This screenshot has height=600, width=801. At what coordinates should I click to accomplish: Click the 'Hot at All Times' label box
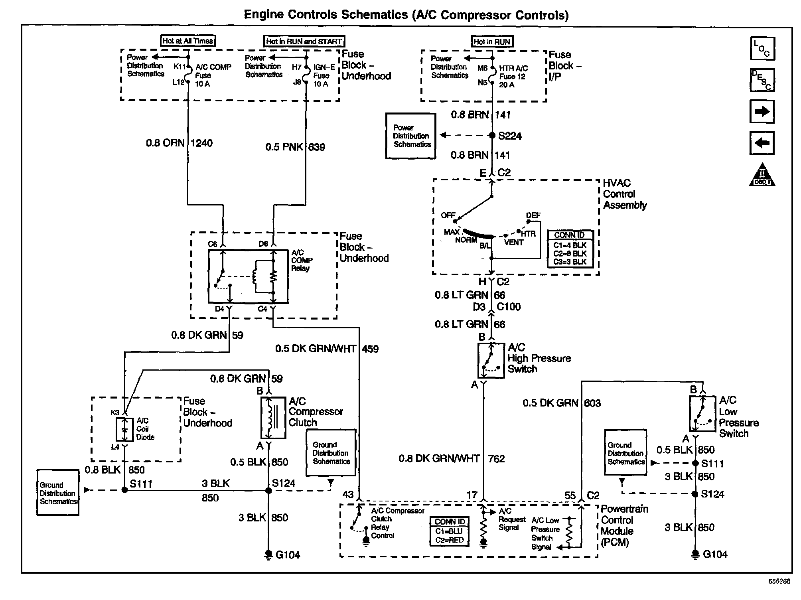coord(188,41)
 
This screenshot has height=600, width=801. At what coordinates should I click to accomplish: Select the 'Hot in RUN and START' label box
coord(304,41)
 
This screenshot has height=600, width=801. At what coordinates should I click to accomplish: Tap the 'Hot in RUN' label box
coord(492,41)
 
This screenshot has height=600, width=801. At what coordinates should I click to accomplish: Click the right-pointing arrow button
coord(762,112)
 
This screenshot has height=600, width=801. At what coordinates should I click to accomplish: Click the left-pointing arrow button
coord(762,143)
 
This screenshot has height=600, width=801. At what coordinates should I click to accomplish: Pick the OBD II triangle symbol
coord(762,176)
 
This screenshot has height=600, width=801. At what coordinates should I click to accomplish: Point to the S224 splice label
coord(510,136)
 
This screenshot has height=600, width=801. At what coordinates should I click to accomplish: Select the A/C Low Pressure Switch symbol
coord(702,414)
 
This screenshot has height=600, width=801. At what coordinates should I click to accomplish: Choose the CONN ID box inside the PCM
coord(450,531)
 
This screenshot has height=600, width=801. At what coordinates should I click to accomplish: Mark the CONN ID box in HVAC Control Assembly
coord(570,249)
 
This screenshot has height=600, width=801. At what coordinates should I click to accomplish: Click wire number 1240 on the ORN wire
coord(201,143)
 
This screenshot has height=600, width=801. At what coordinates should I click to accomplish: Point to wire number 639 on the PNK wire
coord(317,147)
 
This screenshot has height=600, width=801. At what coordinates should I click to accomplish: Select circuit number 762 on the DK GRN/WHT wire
coord(496,459)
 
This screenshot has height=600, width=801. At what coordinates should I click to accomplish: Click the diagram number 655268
coord(779,581)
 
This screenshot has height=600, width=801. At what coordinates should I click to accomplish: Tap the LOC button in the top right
coord(762,49)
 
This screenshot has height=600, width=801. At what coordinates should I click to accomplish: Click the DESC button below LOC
coord(762,80)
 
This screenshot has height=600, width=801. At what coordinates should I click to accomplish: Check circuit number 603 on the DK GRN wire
coord(592,403)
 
